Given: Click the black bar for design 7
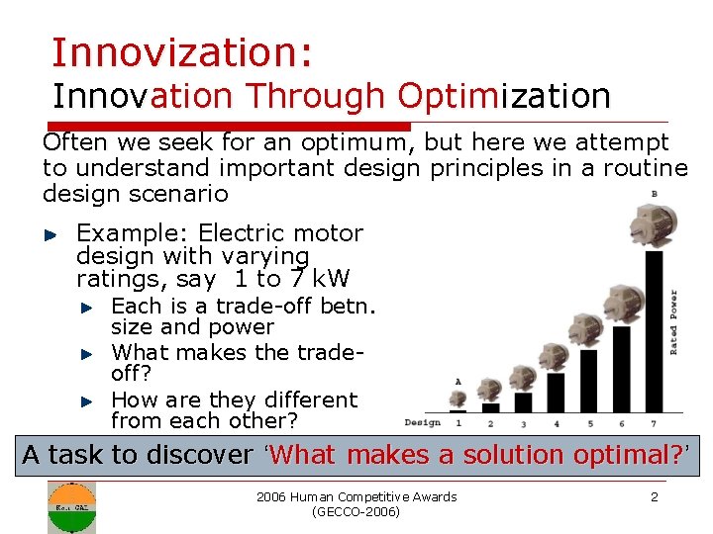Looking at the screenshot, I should [x=653, y=330].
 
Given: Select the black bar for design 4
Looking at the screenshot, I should [x=556, y=387].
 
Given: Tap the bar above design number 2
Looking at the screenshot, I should [x=491, y=406].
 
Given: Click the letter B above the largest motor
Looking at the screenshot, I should [x=653, y=193].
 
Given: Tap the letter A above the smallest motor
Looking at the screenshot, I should [x=458, y=381].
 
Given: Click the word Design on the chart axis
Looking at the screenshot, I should [x=423, y=423].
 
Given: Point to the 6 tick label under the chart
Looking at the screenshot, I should [x=621, y=424].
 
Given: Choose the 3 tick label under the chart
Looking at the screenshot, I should [x=523, y=424].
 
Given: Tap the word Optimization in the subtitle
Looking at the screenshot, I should [x=504, y=96].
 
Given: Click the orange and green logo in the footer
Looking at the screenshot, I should [x=71, y=506].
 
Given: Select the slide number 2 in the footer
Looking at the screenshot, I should [x=654, y=496].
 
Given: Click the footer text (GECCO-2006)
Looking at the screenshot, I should [x=356, y=512].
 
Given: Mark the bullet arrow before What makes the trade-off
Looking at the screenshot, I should [x=86, y=353].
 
